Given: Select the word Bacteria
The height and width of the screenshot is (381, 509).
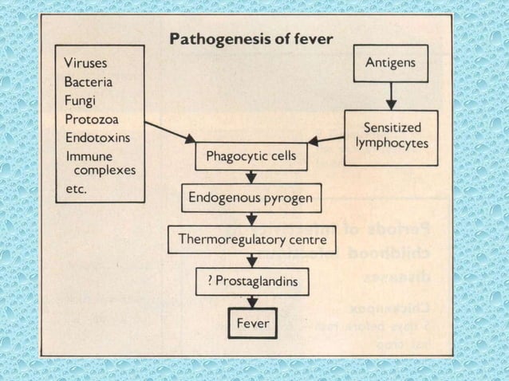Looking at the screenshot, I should click(89, 82).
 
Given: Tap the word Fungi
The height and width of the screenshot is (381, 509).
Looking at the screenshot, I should click(81, 101).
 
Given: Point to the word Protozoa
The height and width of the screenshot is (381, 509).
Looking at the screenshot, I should click(90, 120).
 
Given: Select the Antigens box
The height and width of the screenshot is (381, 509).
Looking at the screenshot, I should click(390, 62).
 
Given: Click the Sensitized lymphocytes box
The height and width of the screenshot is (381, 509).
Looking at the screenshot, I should click(392, 136).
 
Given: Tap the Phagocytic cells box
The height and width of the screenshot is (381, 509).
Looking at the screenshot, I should click(251, 156).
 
